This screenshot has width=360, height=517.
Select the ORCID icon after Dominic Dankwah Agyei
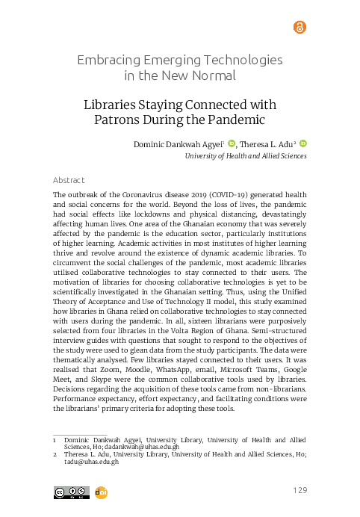231,144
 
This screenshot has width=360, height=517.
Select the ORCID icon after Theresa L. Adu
302,144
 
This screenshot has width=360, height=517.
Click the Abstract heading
69,181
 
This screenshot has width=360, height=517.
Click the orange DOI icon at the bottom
102,492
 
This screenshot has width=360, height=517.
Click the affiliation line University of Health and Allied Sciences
246,158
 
